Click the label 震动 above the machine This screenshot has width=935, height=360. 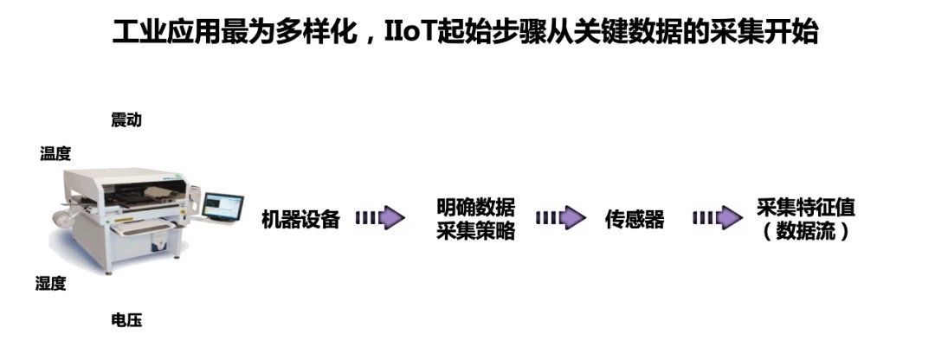(126, 120)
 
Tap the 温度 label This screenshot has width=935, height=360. (55, 154)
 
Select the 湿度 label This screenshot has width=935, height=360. (50, 284)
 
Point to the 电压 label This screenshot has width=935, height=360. (126, 321)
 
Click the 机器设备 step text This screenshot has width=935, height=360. (300, 220)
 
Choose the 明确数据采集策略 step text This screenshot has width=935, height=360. (475, 220)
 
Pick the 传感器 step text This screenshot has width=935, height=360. (635, 220)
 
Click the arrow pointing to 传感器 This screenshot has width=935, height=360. (560, 219)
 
